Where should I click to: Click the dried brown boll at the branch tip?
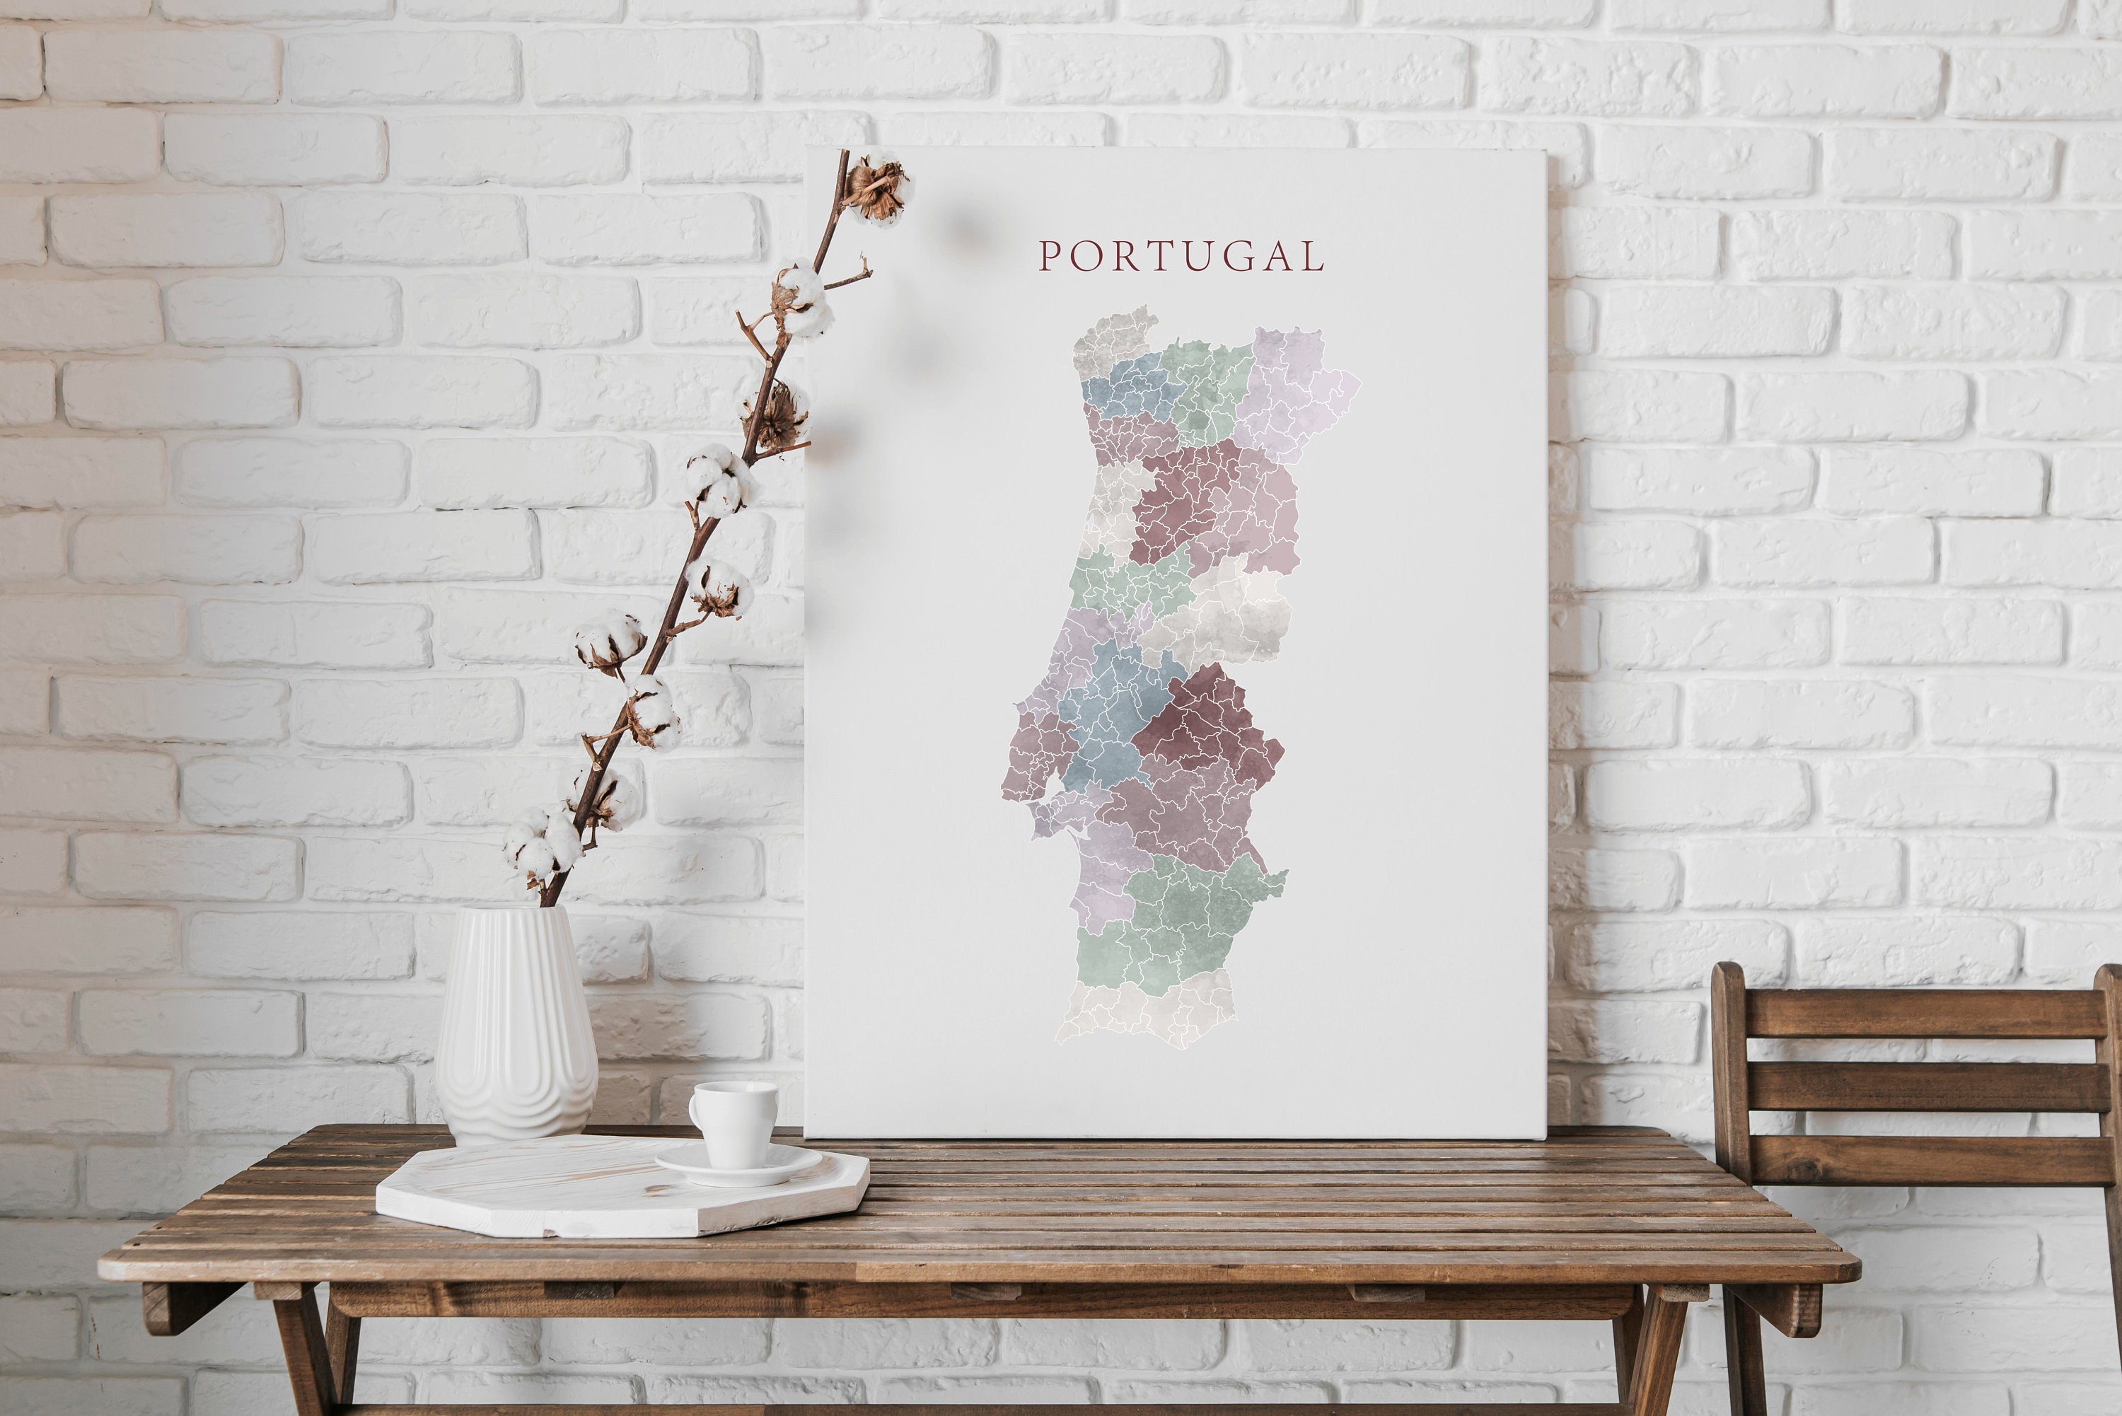pyautogui.click(x=876, y=188)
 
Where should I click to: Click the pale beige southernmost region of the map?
pyautogui.click(x=1147, y=1011)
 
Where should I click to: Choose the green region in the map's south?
pyautogui.click(x=1183, y=912)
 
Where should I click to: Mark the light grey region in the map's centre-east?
pyautogui.click(x=1228, y=614)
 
